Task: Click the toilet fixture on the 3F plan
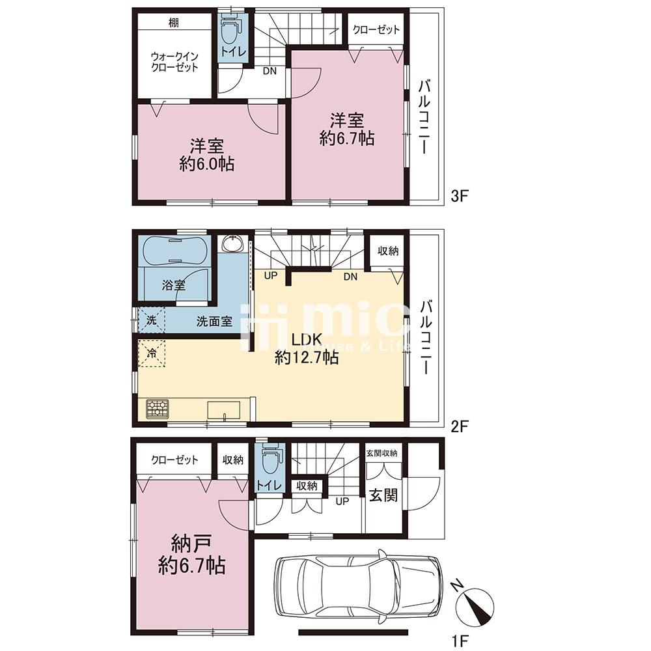pyautogui.click(x=230, y=29)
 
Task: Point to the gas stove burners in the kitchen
pyautogui.click(x=158, y=408)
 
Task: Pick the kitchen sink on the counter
pyautogui.click(x=224, y=411)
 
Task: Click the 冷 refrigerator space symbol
pyautogui.click(x=152, y=353)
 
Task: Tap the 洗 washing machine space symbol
pyautogui.click(x=152, y=320)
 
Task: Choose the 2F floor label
pyautogui.click(x=459, y=426)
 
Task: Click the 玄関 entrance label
pyautogui.click(x=383, y=495)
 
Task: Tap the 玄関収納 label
pyautogui.click(x=382, y=453)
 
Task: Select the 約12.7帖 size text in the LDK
pyautogui.click(x=307, y=357)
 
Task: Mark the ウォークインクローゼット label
pyautogui.click(x=174, y=61)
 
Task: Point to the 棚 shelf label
pyautogui.click(x=174, y=22)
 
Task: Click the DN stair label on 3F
pyautogui.click(x=270, y=71)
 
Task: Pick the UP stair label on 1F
pyautogui.click(x=342, y=501)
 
